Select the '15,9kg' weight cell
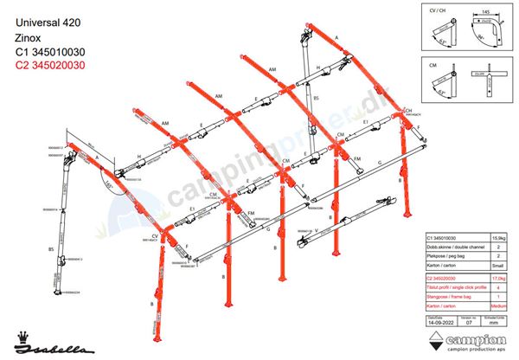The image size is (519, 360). (498, 237)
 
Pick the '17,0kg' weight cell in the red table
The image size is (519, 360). (498, 278)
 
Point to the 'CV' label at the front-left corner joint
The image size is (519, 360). (156, 235)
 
